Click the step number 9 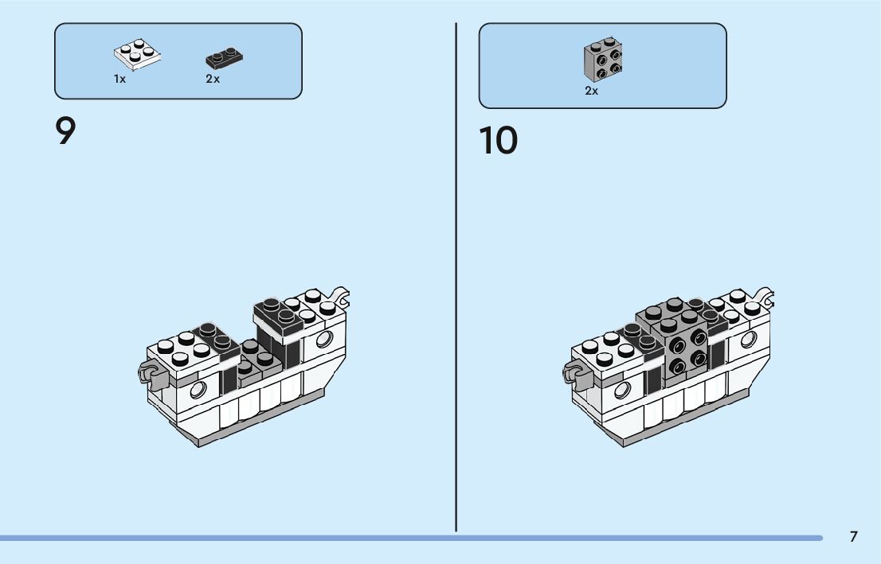[65, 131]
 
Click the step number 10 [498, 141]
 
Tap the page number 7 [853, 536]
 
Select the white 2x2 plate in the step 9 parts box [138, 54]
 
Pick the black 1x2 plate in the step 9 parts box [224, 58]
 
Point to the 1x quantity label [119, 80]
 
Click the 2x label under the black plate [213, 80]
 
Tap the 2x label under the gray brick [591, 91]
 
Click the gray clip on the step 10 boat [573, 371]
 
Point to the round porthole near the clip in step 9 [197, 389]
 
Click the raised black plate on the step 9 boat [278, 313]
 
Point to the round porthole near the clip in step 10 [621, 389]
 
